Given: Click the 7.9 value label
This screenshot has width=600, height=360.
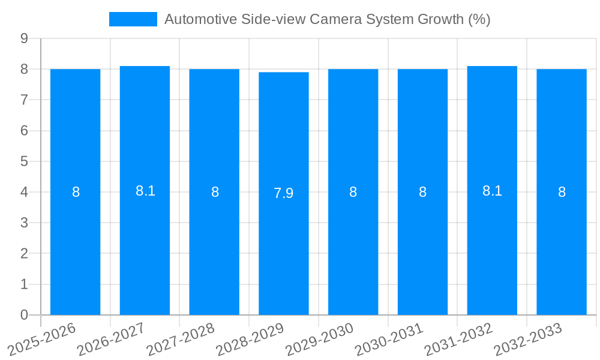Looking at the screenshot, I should pyautogui.click(x=284, y=193).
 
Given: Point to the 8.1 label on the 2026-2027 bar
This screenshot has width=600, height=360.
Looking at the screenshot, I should pyautogui.click(x=145, y=191).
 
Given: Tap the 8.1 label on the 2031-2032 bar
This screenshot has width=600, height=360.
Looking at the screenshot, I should pyautogui.click(x=492, y=191).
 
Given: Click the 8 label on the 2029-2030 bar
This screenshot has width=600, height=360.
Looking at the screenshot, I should pyautogui.click(x=353, y=192).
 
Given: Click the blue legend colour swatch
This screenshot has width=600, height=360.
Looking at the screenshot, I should pyautogui.click(x=133, y=19).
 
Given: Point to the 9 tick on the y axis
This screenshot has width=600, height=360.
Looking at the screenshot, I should pyautogui.click(x=24, y=38).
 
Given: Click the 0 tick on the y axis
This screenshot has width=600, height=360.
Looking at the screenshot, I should pyautogui.click(x=24, y=315).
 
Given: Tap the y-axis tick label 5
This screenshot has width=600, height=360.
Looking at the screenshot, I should pyautogui.click(x=24, y=161).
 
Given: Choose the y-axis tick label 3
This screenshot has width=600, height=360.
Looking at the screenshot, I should pyautogui.click(x=24, y=223).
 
